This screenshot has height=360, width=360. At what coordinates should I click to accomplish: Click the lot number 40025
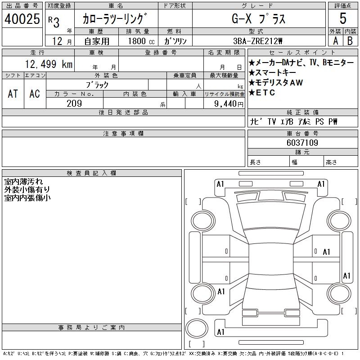[22, 19]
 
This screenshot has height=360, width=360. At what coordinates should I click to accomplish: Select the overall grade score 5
[343, 18]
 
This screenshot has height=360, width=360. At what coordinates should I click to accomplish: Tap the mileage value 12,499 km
[49, 64]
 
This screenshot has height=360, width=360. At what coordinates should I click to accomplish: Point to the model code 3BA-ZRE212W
[257, 41]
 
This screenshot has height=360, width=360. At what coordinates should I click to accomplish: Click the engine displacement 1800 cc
[141, 41]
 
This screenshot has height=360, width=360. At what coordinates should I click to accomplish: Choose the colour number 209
[74, 103]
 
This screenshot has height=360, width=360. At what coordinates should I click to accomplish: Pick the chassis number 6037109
[302, 143]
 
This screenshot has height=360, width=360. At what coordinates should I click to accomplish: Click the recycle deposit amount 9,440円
[229, 104]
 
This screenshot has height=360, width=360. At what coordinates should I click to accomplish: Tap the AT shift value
[13, 94]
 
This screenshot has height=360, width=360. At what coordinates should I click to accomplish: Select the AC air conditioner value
[35, 94]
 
